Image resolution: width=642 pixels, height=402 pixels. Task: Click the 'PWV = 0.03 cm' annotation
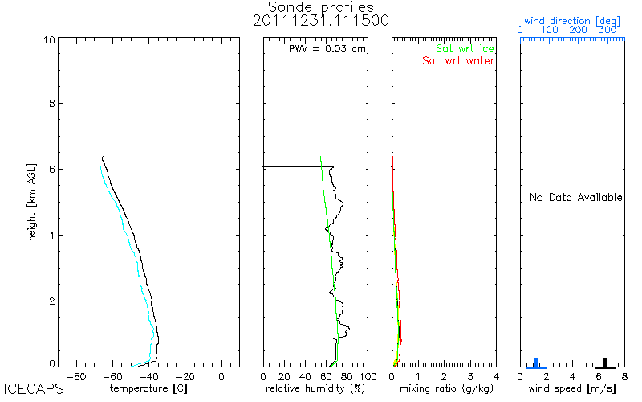point(327,49)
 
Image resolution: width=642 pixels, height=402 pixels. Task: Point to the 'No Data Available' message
point(575,198)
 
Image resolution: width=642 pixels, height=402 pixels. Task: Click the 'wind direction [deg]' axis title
point(570,18)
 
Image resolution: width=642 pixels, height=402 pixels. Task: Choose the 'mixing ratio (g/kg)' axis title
point(444,388)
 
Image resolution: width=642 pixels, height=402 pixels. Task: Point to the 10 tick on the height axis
point(49,39)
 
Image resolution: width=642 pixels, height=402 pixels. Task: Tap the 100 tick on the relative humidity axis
point(367,375)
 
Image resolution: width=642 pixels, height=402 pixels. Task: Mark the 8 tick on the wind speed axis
point(624,375)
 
